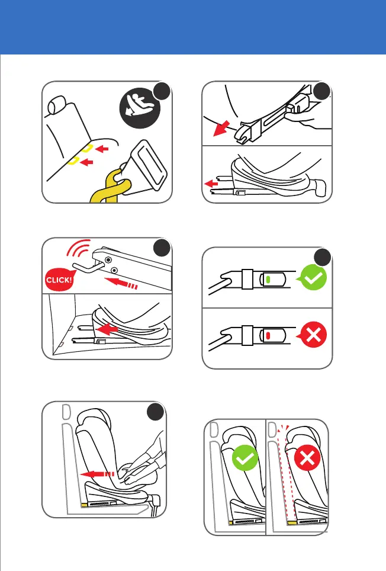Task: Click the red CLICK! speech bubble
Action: click(59, 280)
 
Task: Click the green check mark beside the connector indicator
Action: click(314, 277)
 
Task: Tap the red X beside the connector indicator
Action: click(313, 334)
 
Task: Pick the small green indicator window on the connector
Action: click(268, 280)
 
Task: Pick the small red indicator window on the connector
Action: click(268, 336)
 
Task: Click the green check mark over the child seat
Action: click(245, 458)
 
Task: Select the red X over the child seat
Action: click(307, 458)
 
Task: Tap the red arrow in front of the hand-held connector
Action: click(221, 128)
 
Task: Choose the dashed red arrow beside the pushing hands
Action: click(98, 474)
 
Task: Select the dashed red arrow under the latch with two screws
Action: click(121, 283)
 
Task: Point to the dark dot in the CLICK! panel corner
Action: click(162, 248)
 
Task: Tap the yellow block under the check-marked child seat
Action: click(231, 522)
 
